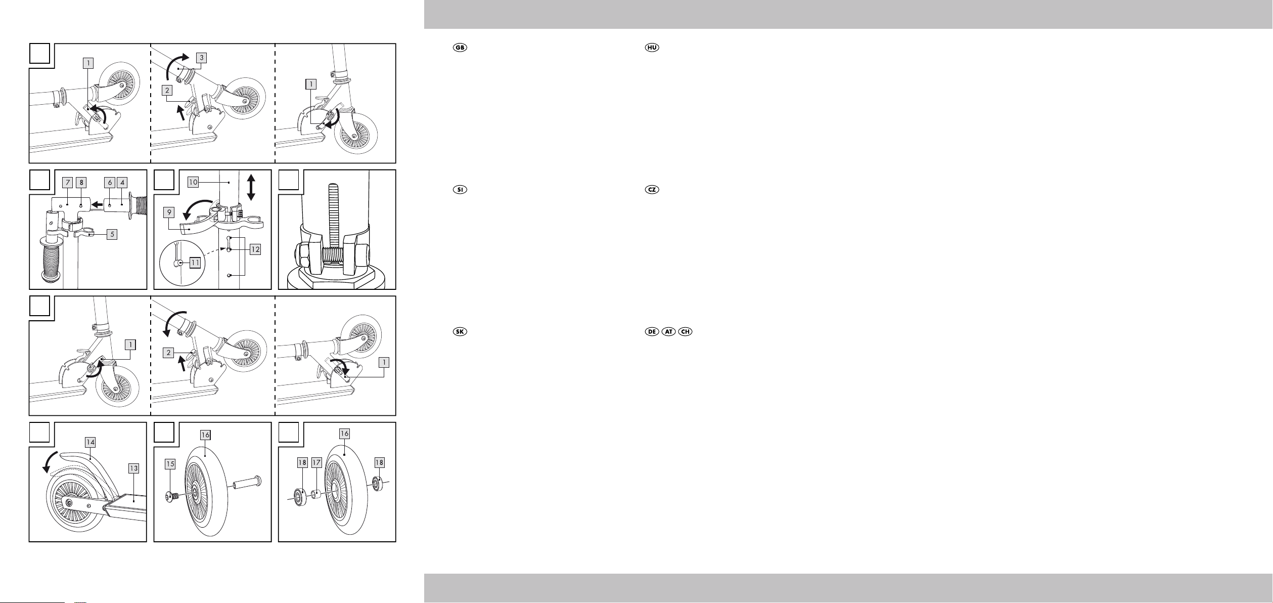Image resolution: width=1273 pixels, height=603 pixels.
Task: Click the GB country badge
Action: pyautogui.click(x=460, y=48)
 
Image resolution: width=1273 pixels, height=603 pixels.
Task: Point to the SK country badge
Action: pyautogui.click(x=460, y=332)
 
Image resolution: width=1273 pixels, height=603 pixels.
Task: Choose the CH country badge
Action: pyautogui.click(x=686, y=332)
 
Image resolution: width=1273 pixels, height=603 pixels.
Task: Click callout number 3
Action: pyautogui.click(x=201, y=58)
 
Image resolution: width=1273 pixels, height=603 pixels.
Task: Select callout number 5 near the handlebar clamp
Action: pyautogui.click(x=112, y=234)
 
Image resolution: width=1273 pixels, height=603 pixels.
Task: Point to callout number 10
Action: pyautogui.click(x=193, y=182)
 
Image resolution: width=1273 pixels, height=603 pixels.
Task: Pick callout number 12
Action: pyautogui.click(x=255, y=249)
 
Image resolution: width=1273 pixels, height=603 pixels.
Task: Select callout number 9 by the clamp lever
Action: pyautogui.click(x=170, y=212)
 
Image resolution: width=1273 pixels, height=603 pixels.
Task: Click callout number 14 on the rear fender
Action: pyautogui.click(x=90, y=442)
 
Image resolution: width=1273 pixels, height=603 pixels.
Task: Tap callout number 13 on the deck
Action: pyautogui.click(x=133, y=469)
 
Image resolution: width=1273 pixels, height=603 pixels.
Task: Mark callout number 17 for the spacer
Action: pyautogui.click(x=316, y=462)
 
